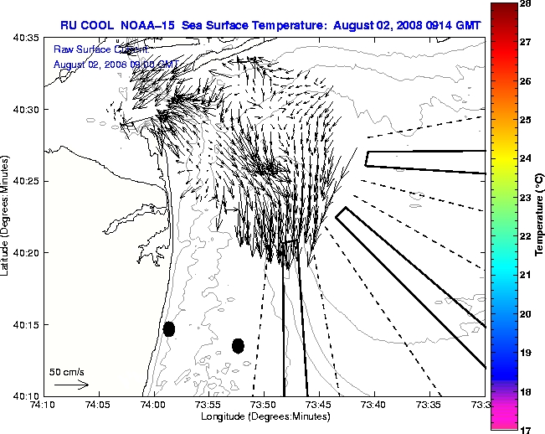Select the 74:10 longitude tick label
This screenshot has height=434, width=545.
pyautogui.click(x=43, y=405)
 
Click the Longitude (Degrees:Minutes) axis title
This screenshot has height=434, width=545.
pyautogui.click(x=264, y=416)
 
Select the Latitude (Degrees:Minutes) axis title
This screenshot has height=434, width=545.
pyautogui.click(x=6, y=216)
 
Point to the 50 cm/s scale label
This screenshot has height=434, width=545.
pyautogui.click(x=67, y=371)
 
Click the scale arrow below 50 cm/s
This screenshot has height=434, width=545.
pyautogui.click(x=71, y=385)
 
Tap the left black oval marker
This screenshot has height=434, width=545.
pyautogui.click(x=169, y=328)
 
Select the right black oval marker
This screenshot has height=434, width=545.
pyautogui.click(x=238, y=345)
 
